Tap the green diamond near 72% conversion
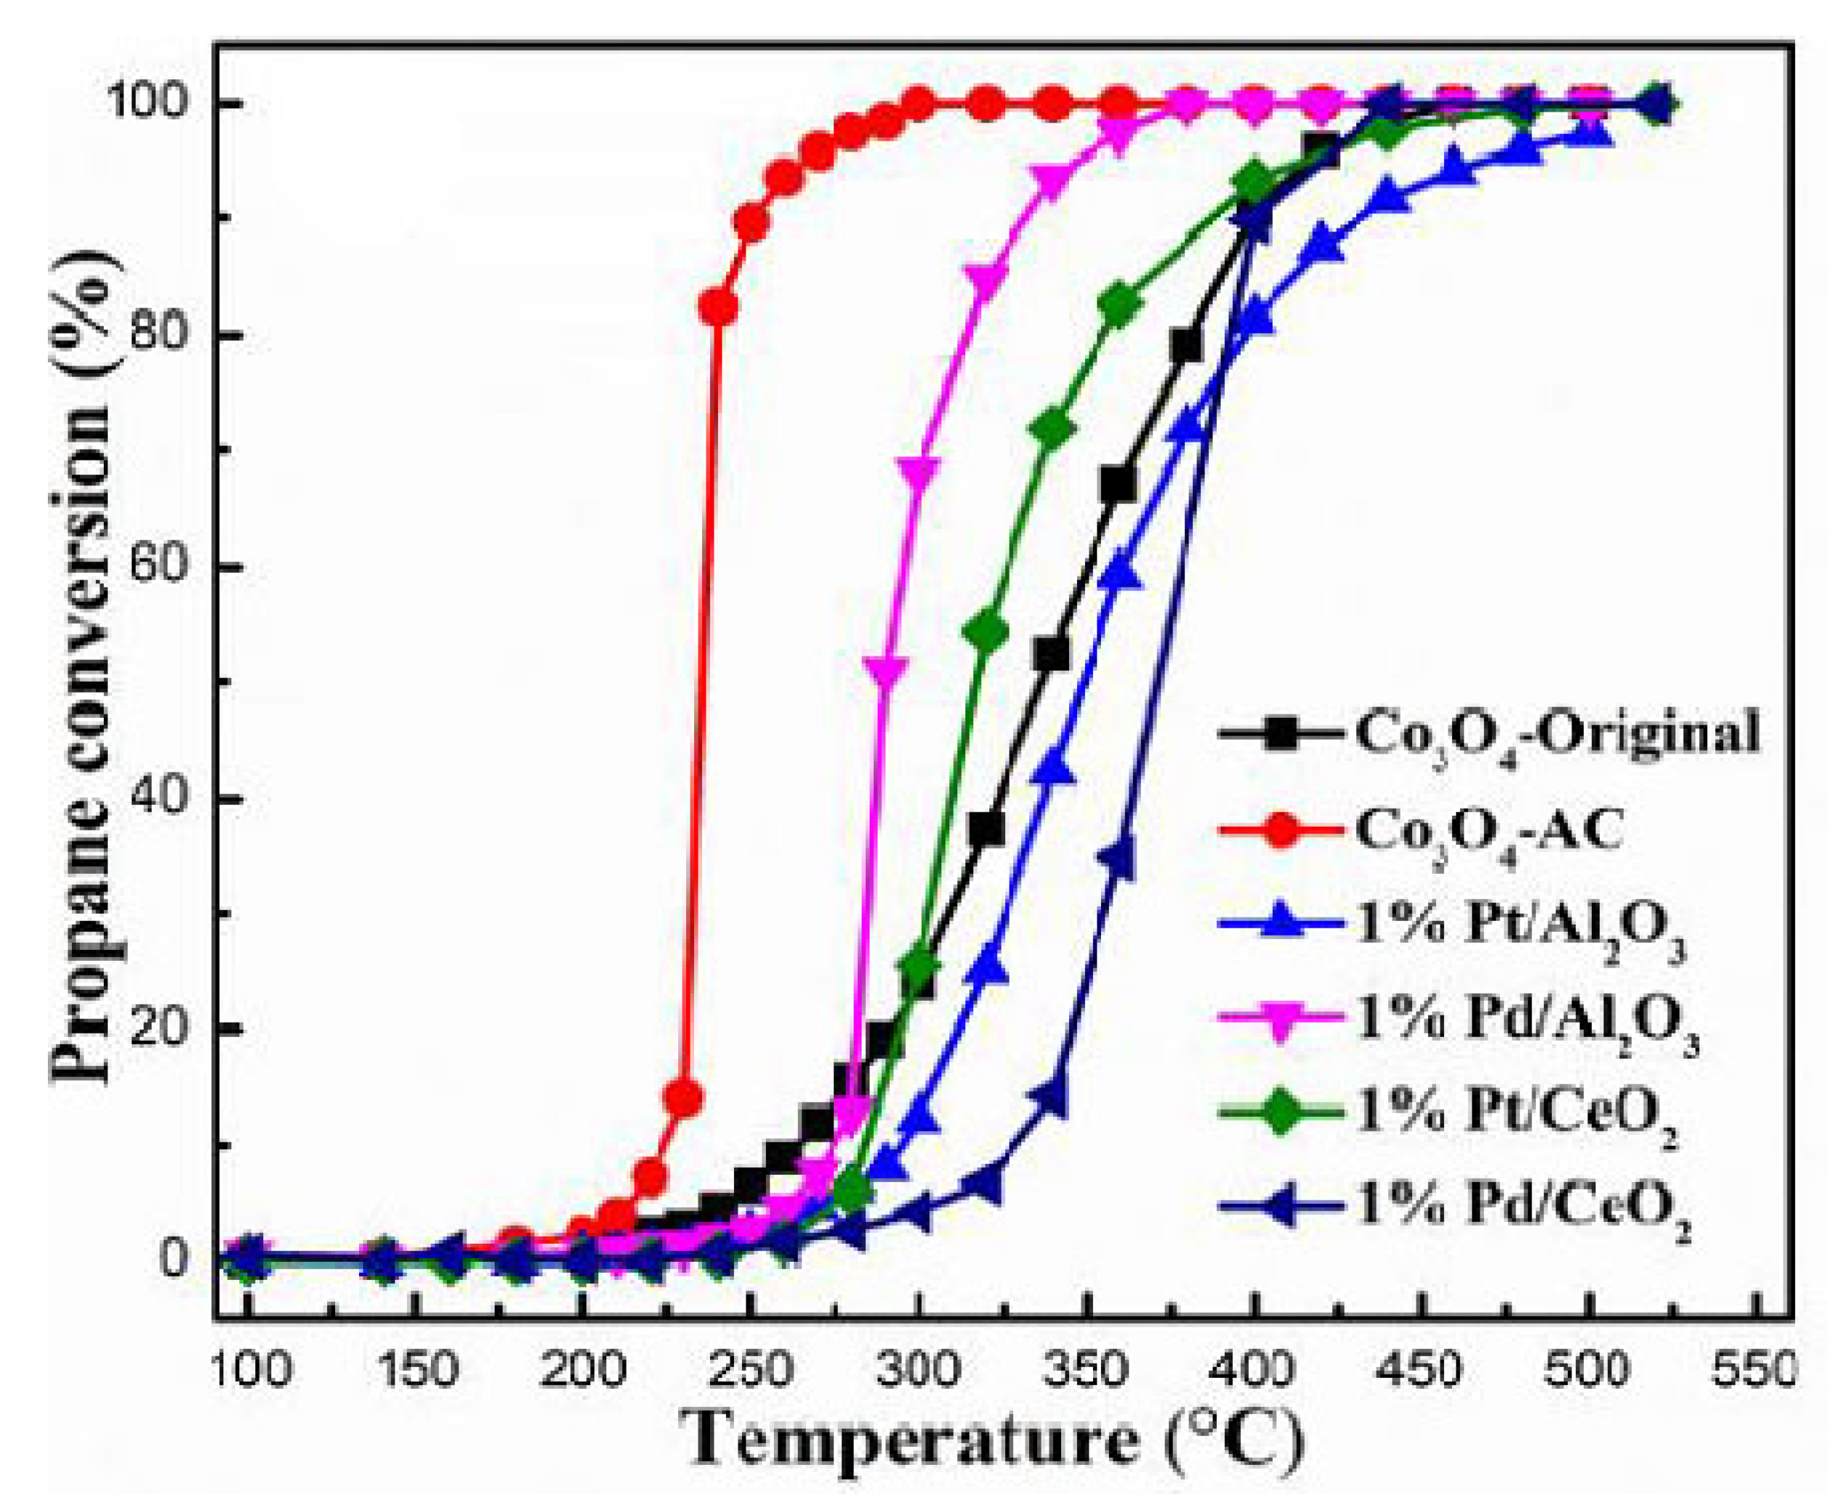coord(1053,429)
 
